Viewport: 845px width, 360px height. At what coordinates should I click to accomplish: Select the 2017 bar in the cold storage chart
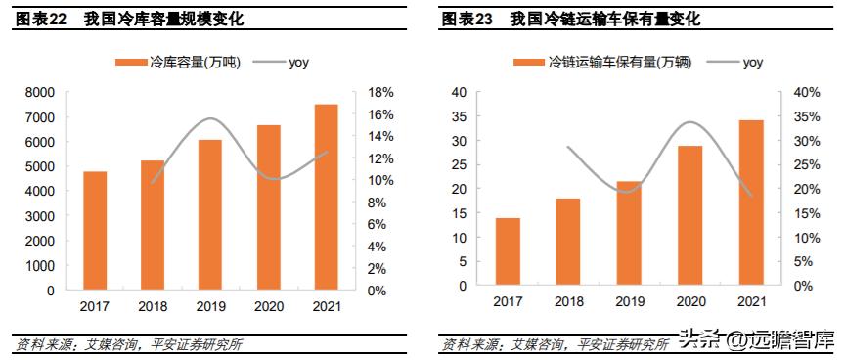(95, 231)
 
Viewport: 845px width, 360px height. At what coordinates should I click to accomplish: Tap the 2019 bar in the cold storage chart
(210, 215)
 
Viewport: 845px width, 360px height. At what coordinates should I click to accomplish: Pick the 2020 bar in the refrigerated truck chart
(690, 215)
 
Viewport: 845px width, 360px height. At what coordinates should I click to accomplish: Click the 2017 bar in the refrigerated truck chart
(508, 251)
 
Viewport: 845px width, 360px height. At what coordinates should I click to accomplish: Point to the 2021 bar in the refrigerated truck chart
(751, 202)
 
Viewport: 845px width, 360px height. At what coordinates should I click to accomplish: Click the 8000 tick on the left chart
(40, 93)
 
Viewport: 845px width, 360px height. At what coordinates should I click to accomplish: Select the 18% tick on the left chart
(381, 93)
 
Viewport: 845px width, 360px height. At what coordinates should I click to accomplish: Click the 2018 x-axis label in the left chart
(153, 306)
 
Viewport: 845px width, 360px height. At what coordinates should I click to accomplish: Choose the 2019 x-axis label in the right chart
(629, 302)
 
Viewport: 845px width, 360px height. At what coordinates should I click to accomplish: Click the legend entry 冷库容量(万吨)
(181, 63)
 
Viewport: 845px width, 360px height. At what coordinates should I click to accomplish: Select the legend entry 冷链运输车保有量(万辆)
(603, 63)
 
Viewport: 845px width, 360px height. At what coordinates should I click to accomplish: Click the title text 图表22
(40, 19)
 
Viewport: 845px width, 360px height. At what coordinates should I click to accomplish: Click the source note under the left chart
(128, 343)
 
